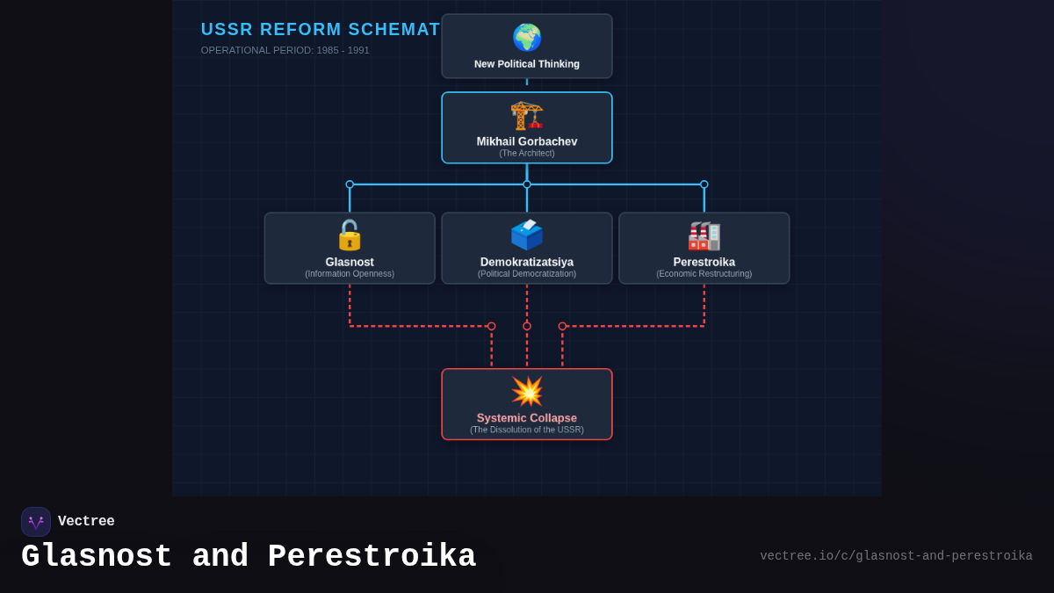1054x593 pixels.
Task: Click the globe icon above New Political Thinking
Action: (527, 38)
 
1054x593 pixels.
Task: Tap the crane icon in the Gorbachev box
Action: (527, 115)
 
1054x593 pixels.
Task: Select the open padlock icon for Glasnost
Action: (350, 235)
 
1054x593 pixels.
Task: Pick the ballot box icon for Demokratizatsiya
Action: (527, 235)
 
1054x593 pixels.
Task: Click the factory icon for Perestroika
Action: (704, 235)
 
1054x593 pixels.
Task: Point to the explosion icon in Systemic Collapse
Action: (527, 392)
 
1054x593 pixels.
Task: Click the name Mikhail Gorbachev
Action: (527, 141)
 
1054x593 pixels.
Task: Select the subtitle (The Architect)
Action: (527, 154)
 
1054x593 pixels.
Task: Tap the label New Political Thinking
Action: (527, 64)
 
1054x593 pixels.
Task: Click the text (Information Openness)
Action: (350, 274)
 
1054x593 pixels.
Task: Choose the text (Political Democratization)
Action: (527, 274)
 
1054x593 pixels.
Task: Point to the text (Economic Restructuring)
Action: (704, 274)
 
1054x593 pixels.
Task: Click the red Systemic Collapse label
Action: (527, 418)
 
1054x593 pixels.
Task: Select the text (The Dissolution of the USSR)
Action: (527, 430)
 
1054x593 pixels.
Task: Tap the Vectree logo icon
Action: (36, 522)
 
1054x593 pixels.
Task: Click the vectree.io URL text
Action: (896, 556)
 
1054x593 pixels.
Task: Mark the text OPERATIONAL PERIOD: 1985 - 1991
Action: (285, 50)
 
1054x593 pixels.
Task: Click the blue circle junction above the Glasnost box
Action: (350, 184)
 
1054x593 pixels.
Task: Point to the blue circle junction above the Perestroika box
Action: (704, 184)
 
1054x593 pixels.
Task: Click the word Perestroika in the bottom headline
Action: (372, 557)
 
